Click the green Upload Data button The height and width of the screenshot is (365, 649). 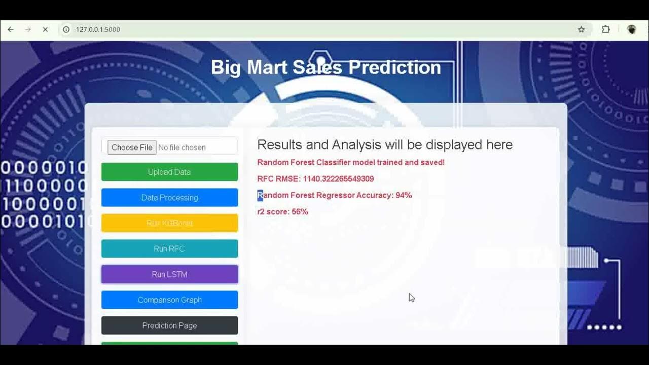[169, 172]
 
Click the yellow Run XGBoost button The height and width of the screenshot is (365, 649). [169, 223]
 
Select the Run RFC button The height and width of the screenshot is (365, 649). [169, 249]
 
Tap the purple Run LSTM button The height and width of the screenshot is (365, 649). [169, 274]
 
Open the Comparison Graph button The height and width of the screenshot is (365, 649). [169, 300]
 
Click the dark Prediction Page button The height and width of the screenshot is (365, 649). [169, 325]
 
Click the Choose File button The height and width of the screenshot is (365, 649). [132, 148]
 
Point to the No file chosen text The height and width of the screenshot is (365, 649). [182, 148]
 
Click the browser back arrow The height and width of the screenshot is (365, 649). [11, 29]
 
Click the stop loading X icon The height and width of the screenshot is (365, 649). [45, 29]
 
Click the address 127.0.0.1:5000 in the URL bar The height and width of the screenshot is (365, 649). [98, 29]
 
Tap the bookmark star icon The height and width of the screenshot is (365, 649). [582, 29]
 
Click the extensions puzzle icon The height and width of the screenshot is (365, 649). [605, 29]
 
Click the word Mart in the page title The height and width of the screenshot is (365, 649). [266, 67]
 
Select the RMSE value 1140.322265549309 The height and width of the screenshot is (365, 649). [338, 179]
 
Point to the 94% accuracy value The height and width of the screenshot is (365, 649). [404, 195]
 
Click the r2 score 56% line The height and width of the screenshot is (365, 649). [282, 211]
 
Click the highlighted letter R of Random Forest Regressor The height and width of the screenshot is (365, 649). [260, 195]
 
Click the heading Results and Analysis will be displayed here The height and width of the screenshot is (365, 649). [384, 144]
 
